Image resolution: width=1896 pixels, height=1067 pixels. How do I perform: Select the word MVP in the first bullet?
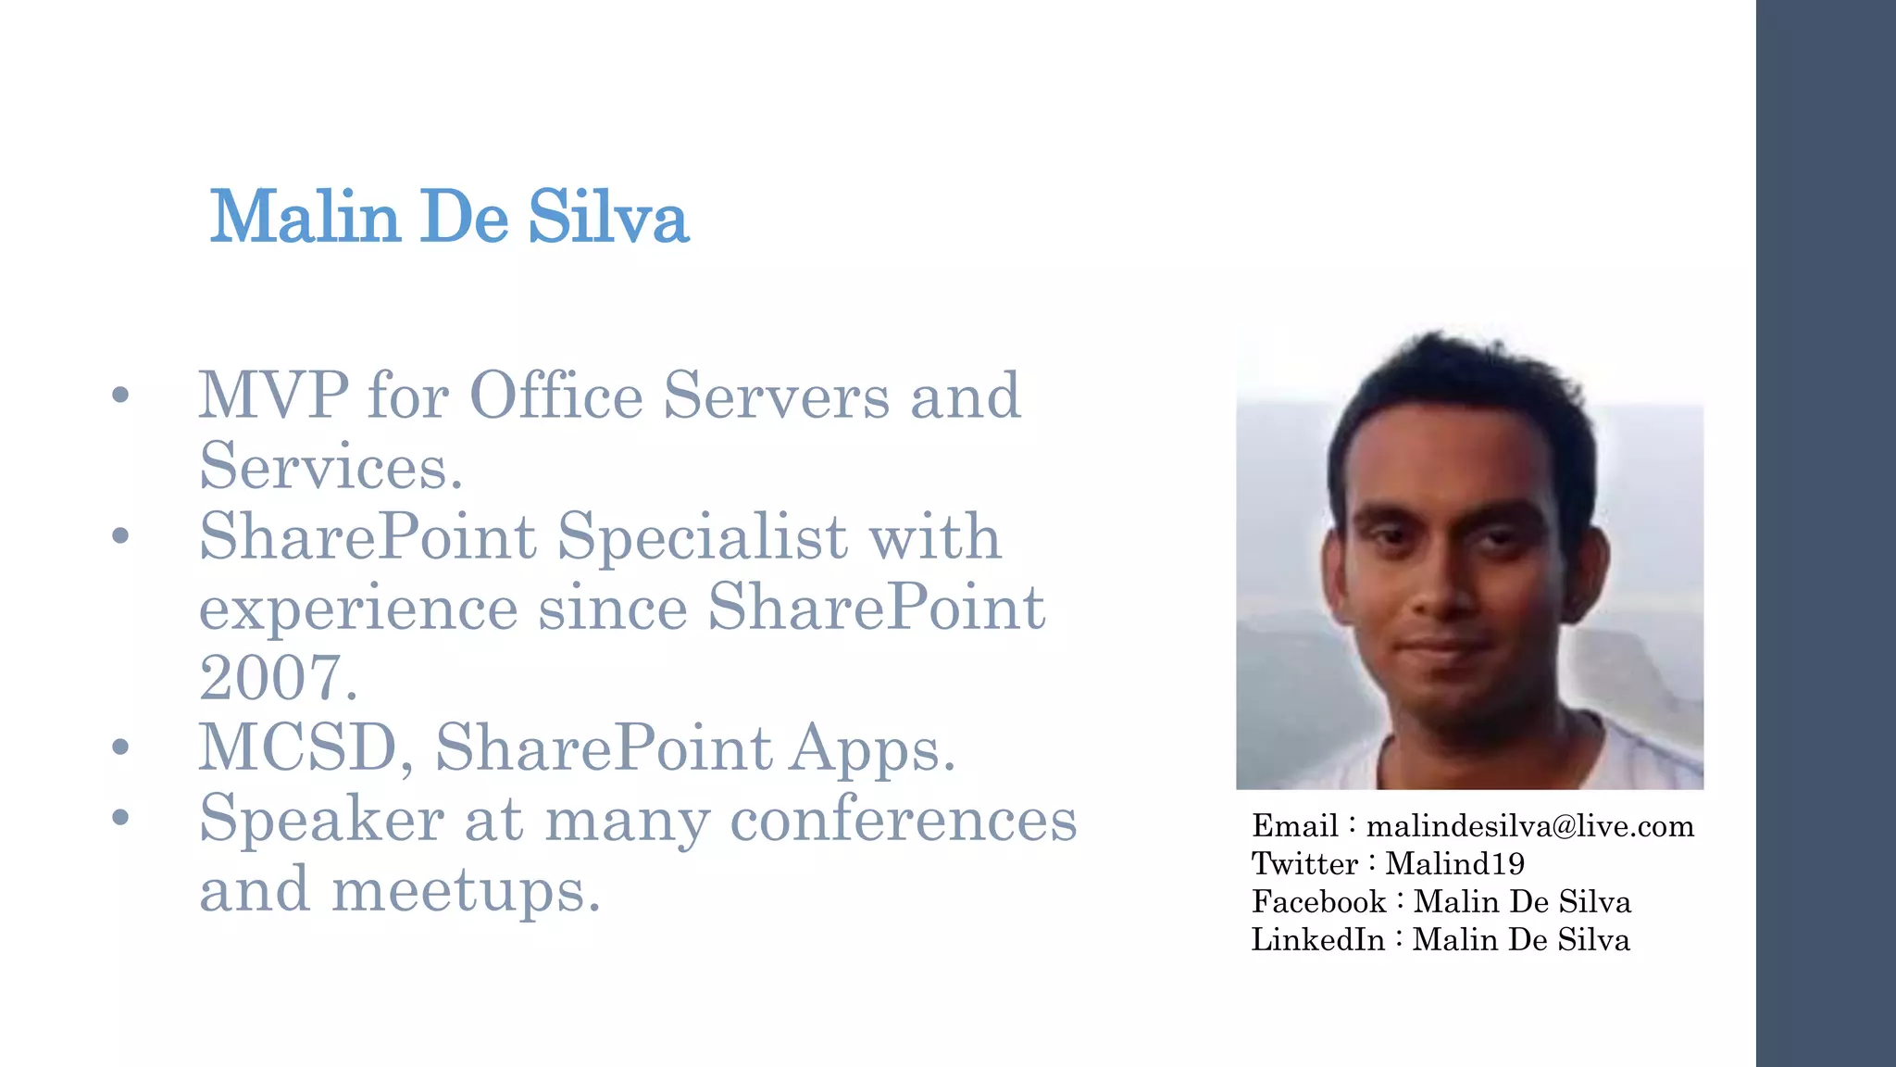pyautogui.click(x=274, y=395)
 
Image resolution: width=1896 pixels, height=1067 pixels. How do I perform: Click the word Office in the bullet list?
pyautogui.click(x=556, y=395)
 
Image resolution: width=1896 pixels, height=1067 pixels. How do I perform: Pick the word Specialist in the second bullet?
pyautogui.click(x=702, y=536)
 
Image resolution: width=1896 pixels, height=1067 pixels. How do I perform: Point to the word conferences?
pyautogui.click(x=904, y=819)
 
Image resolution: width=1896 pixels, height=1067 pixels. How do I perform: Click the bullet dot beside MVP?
pyautogui.click(x=119, y=395)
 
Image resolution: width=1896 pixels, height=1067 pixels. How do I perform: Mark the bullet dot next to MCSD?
pyautogui.click(x=119, y=747)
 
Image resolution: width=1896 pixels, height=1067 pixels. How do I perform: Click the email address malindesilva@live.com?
pyautogui.click(x=1530, y=826)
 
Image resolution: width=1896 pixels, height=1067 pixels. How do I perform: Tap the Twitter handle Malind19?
pyautogui.click(x=1454, y=864)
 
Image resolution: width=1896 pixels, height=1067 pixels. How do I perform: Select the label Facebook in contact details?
pyautogui.click(x=1318, y=902)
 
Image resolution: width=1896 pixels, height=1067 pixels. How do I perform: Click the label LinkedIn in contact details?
pyautogui.click(x=1317, y=940)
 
